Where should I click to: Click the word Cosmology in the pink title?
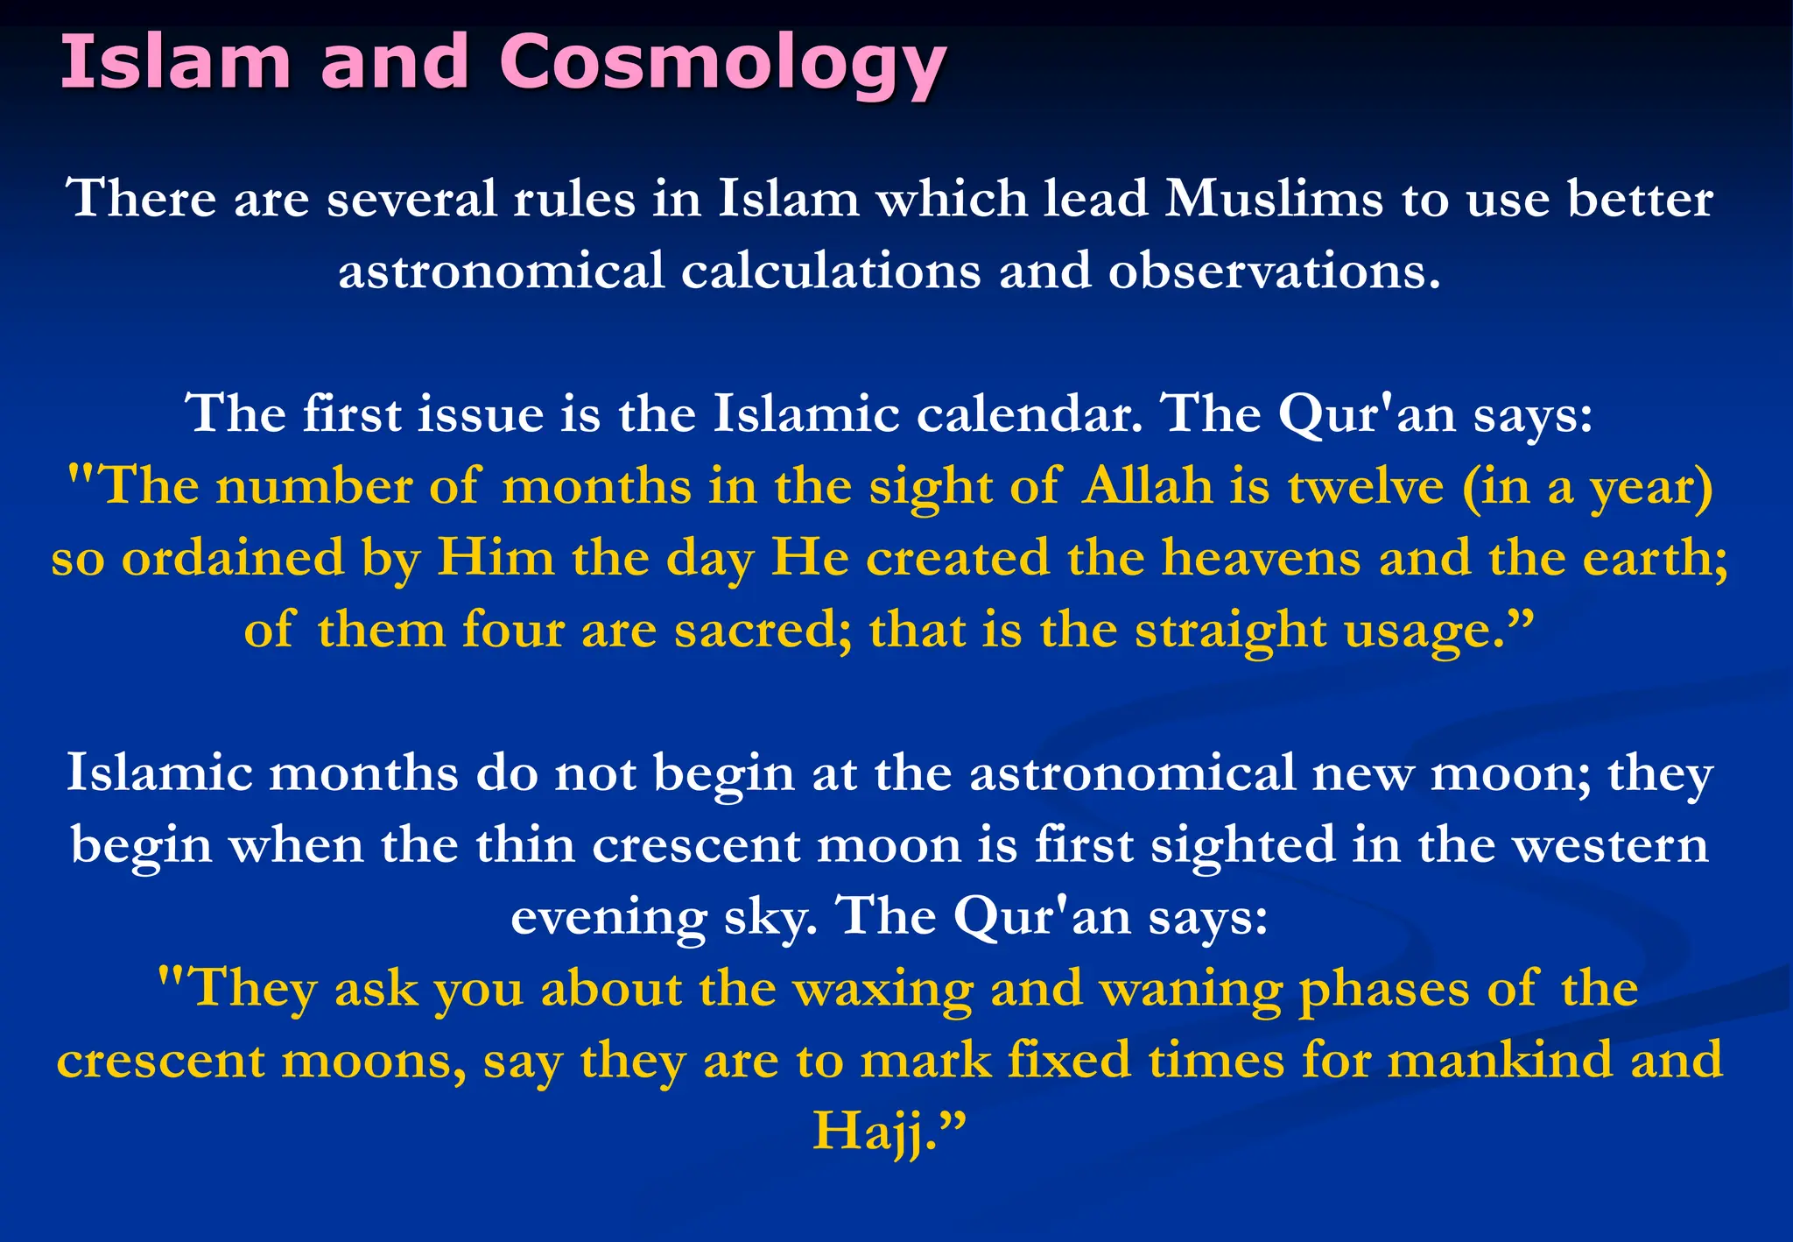tap(722, 63)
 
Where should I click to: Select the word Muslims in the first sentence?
tap(1274, 199)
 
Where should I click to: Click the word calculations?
tap(831, 271)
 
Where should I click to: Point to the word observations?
tap(1274, 271)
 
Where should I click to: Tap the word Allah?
tap(1148, 486)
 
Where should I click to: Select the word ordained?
tap(233, 558)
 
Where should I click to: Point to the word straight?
tap(1230, 630)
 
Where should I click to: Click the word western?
tap(1611, 845)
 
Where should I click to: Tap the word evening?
tap(608, 919)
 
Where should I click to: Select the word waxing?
tap(882, 990)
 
